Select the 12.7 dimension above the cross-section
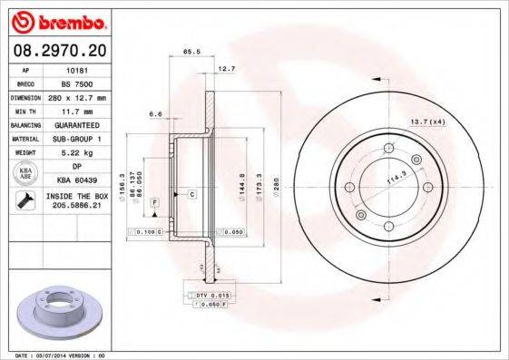(x=227, y=70)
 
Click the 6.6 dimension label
(x=155, y=114)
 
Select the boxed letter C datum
(x=192, y=195)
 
